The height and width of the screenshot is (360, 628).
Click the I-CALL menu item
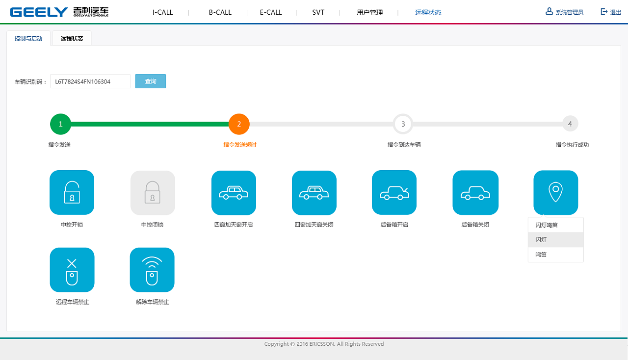tap(162, 12)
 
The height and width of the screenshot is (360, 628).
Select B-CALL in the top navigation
tap(220, 12)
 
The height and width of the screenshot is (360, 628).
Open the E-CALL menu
tap(271, 12)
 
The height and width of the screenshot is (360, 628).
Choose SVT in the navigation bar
tap(318, 12)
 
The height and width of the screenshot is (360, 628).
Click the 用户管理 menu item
tap(369, 12)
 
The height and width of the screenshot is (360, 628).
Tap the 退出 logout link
tap(611, 12)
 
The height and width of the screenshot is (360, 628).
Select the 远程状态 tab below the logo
tap(72, 38)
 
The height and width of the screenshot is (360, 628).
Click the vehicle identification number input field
tap(90, 81)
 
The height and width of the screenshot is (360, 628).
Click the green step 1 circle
tap(60, 124)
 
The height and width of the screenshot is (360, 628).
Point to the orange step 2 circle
tap(239, 124)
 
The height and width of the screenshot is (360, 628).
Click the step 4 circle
tap(570, 124)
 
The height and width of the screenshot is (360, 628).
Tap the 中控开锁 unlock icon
tap(72, 193)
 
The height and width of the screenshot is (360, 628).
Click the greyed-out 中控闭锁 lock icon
tap(153, 193)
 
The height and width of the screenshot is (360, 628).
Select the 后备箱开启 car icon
tap(394, 193)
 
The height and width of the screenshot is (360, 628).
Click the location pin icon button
tap(555, 193)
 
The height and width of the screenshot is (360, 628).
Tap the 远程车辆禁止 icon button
tap(72, 270)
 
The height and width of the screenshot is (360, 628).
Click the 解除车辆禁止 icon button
tap(152, 270)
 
